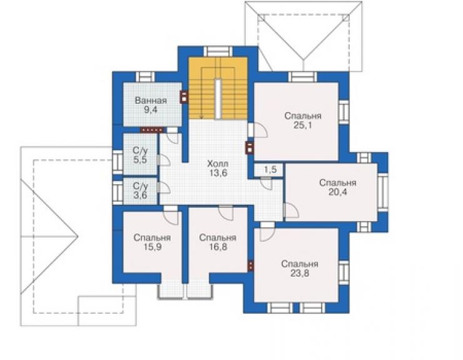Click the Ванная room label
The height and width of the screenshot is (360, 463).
tap(151, 101)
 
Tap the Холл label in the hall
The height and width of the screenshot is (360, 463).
tap(218, 163)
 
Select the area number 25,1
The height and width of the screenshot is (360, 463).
tap(303, 125)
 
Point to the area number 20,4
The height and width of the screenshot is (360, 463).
tap(338, 192)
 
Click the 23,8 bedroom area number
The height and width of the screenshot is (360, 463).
tap(300, 273)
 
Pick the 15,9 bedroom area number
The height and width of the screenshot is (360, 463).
tap(152, 247)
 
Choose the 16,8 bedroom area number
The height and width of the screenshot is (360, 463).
tap(218, 247)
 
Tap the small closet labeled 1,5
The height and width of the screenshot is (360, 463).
tap(269, 170)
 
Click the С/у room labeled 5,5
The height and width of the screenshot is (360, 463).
tap(140, 155)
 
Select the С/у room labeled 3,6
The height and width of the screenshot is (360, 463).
tap(140, 190)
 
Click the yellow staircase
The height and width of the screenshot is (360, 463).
tap(218, 88)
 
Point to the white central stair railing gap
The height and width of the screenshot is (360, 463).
tap(218, 99)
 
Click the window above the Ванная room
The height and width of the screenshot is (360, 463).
tap(145, 76)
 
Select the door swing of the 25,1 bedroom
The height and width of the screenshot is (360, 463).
tap(260, 130)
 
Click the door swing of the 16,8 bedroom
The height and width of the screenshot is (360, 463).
tap(226, 213)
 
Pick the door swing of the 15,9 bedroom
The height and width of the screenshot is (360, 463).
tap(171, 217)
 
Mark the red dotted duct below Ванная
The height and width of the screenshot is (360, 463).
tap(152, 130)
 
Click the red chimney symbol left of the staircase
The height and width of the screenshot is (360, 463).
tap(184, 96)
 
